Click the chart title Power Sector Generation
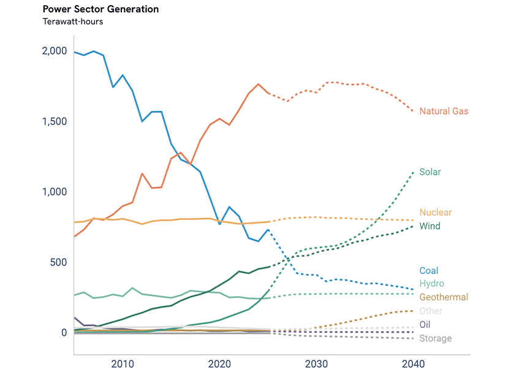pyautogui.click(x=100, y=9)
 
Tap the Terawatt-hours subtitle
pyautogui.click(x=73, y=21)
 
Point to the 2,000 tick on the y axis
pyautogui.click(x=55, y=51)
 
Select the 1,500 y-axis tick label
pyautogui.click(x=55, y=121)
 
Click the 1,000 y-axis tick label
pyautogui.click(x=55, y=192)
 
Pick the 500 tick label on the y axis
pyautogui.click(x=58, y=262)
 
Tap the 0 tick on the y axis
pyautogui.click(x=64, y=333)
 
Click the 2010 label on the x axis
pyautogui.click(x=123, y=364)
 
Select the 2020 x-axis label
pyautogui.click(x=219, y=364)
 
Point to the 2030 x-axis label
pyautogui.click(x=316, y=364)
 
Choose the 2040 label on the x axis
pyautogui.click(x=413, y=364)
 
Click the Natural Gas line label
pyautogui.click(x=444, y=111)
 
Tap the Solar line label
pyautogui.click(x=430, y=172)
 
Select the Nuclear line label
pyautogui.click(x=436, y=213)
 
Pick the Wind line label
pyautogui.click(x=430, y=226)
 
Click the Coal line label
pyautogui.click(x=429, y=270)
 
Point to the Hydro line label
pyautogui.click(x=432, y=283)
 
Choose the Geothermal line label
pyautogui.click(x=444, y=297)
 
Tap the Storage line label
pyautogui.click(x=436, y=338)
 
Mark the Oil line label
pyautogui.click(x=425, y=324)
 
